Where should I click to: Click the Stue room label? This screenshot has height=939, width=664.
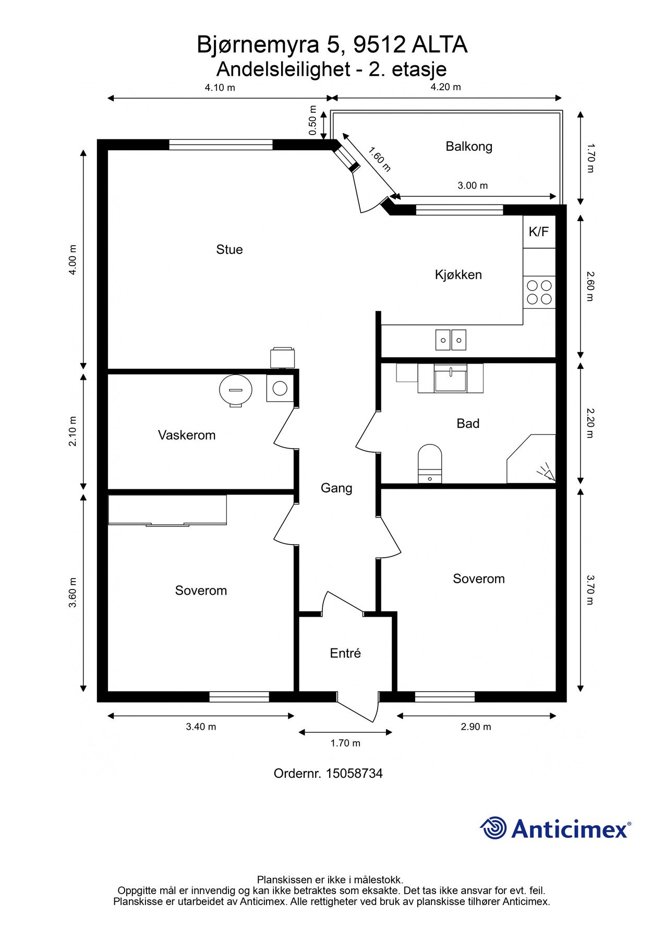(230, 249)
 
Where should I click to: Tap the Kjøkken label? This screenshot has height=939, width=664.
(458, 274)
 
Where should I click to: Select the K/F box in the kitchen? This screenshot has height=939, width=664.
(539, 232)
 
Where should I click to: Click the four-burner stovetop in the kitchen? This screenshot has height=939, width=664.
(539, 292)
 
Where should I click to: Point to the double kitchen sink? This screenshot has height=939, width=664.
(451, 340)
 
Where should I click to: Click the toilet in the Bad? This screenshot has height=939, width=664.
(430, 464)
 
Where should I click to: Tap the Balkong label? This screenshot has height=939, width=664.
(469, 147)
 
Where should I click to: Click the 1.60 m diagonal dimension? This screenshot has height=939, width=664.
(379, 159)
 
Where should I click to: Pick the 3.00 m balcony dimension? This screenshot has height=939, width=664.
(473, 186)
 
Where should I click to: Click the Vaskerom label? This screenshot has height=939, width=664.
(187, 435)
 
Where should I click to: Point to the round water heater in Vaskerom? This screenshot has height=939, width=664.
(236, 390)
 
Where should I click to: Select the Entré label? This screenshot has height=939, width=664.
(345, 653)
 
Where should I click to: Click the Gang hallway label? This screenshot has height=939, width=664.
(336, 488)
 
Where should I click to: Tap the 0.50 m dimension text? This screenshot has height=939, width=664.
(313, 121)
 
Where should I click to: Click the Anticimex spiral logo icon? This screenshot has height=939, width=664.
(493, 828)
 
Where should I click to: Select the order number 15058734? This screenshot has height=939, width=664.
(354, 773)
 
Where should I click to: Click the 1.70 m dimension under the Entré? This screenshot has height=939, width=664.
(345, 743)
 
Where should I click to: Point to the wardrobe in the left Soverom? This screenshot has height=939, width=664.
(167, 510)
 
